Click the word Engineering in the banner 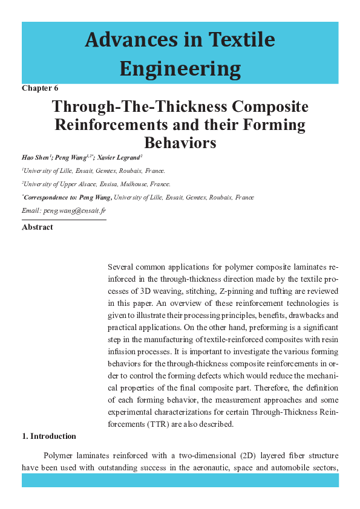(x=180, y=69)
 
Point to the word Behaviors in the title (x=180, y=143)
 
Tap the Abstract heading (x=37, y=227)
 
